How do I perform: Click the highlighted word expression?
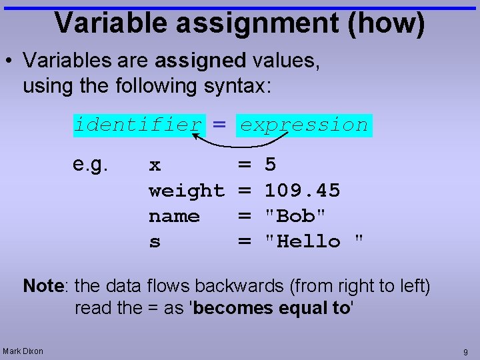click(304, 125)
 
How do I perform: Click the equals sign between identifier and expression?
click(220, 125)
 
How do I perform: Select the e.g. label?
click(90, 164)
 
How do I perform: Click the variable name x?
click(155, 165)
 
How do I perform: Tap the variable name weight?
click(187, 191)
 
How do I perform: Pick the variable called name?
click(174, 216)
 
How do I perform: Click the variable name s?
click(155, 242)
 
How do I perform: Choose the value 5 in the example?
click(271, 165)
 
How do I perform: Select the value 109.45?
click(302, 191)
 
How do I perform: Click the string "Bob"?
click(295, 216)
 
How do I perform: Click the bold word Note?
click(43, 287)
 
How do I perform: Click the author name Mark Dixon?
click(23, 351)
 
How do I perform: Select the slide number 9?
click(465, 351)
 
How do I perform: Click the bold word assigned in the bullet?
click(200, 61)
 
